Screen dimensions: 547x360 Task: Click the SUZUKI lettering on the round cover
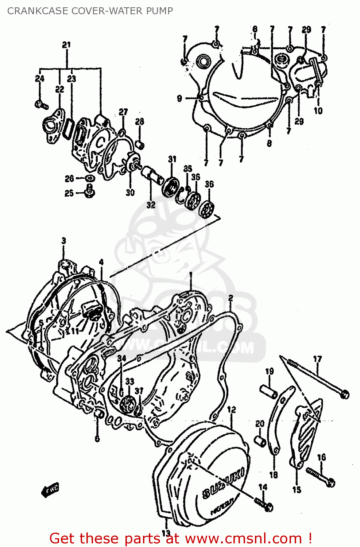click(224, 483)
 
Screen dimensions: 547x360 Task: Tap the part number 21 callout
click(66, 45)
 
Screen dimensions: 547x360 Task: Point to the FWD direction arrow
click(50, 490)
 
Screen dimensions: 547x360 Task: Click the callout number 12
click(232, 410)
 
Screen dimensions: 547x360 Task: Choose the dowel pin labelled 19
click(269, 391)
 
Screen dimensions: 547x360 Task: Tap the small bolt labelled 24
click(41, 105)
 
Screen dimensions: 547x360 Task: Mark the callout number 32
click(151, 205)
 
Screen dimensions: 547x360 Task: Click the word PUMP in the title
click(159, 11)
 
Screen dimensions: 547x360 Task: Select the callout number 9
click(179, 98)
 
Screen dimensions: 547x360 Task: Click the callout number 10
click(318, 111)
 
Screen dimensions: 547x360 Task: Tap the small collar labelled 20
click(260, 440)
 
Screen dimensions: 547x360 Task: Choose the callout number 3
click(64, 241)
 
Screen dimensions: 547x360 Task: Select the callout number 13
click(166, 533)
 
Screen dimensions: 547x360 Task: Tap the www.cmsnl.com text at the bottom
click(243, 539)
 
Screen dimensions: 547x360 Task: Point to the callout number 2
click(231, 298)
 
